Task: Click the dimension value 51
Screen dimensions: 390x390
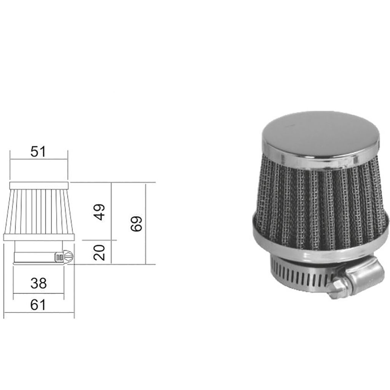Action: coord(38,152)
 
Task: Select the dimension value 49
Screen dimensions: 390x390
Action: coord(99,212)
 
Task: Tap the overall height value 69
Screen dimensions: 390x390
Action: coord(136,224)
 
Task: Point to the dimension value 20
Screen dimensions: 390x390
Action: coord(99,252)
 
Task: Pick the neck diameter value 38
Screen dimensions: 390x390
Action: coord(38,283)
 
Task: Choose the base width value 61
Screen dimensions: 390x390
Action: coord(38,305)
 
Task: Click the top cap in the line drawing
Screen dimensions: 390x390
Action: coord(38,185)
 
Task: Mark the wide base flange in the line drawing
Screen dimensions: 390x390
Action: coord(38,237)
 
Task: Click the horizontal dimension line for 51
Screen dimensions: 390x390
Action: coord(38,160)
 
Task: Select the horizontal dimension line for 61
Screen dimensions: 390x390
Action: coord(38,313)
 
